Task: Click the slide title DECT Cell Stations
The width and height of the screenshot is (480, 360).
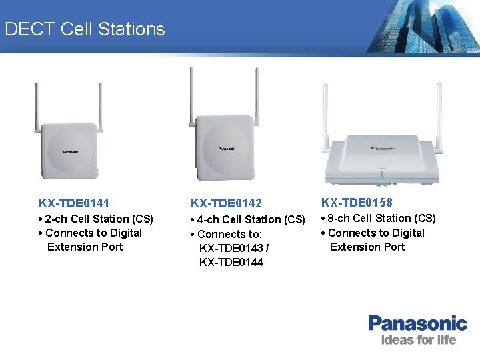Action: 85,29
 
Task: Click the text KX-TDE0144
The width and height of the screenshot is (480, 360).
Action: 231,262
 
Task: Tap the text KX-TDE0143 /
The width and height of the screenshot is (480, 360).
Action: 233,248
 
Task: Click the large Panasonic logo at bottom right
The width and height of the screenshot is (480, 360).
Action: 417,324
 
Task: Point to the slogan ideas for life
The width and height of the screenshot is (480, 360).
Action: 418,340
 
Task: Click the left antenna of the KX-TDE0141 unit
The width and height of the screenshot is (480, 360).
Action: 37,107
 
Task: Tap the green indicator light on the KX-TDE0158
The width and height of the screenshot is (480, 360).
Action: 383,174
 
